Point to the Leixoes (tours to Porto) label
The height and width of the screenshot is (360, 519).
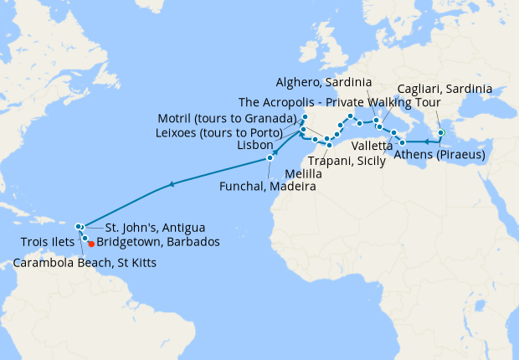tap(226, 131)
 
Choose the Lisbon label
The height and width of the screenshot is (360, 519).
tap(254, 145)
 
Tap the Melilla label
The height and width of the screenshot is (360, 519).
tap(299, 173)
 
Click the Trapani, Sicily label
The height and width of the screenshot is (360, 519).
tap(346, 159)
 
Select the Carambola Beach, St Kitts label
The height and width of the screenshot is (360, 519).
tap(84, 263)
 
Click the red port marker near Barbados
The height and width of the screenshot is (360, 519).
tap(91, 244)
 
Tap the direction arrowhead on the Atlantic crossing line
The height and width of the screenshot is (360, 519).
tap(172, 184)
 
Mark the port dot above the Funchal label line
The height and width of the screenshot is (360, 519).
tap(270, 158)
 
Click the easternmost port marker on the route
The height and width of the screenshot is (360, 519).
tap(441, 132)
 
